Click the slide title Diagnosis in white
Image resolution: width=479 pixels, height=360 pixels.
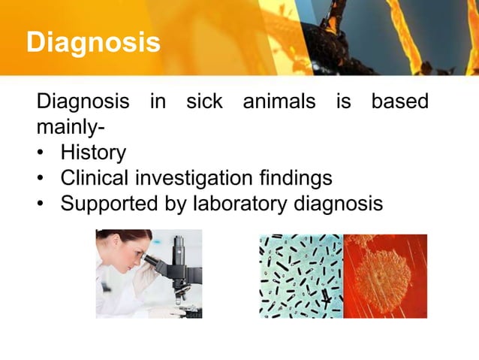coord(92,42)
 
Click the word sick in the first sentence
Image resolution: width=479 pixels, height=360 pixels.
coord(204,101)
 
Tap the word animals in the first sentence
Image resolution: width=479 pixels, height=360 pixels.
coord(279,101)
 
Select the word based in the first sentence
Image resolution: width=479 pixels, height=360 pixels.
coord(400,101)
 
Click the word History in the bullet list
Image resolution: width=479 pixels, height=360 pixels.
coord(93,153)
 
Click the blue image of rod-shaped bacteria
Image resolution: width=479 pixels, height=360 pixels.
coord(300,275)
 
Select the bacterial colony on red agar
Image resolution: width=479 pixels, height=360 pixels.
coord(385,275)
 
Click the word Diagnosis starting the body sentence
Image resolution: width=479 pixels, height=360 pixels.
coord(83,101)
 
